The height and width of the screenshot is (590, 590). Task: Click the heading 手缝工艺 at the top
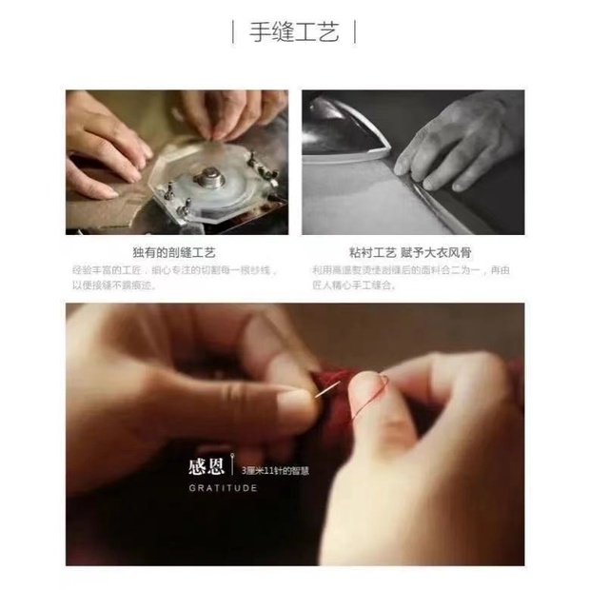[295, 32]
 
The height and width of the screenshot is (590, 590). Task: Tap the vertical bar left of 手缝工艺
[234, 32]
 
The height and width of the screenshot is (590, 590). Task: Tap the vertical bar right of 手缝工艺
[356, 32]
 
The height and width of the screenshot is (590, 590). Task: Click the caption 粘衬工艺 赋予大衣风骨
[412, 253]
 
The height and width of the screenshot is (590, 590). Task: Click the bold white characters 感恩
[206, 467]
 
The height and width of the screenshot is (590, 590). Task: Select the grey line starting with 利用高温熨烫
[412, 270]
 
